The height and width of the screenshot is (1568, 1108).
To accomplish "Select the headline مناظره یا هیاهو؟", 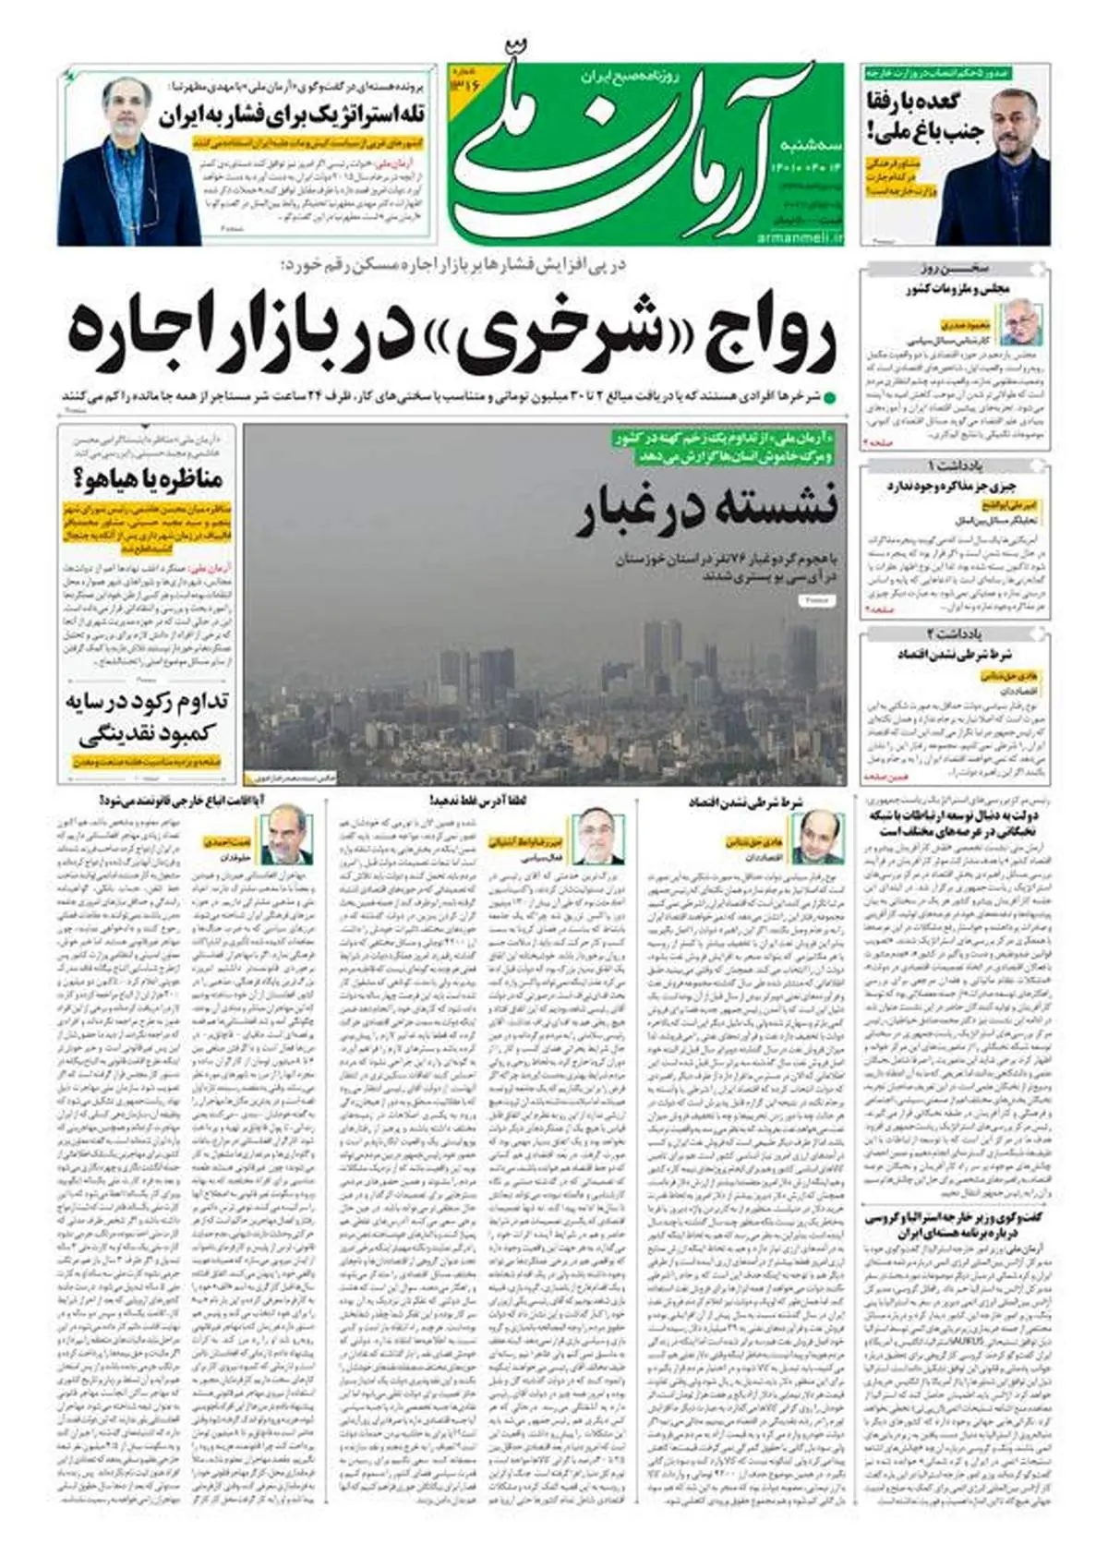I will coord(147,478).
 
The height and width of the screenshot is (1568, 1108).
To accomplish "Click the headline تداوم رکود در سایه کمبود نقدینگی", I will coord(148,718).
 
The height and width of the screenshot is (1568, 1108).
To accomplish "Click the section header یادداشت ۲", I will coord(955,634).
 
